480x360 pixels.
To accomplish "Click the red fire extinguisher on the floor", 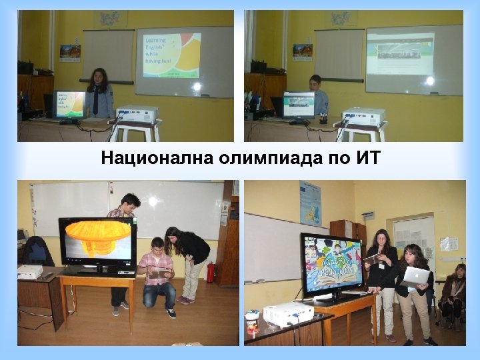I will coord(211,272).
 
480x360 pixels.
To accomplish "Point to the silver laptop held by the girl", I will coord(415,275).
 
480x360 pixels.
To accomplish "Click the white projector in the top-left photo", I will coord(137,115).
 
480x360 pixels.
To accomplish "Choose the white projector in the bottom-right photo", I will coord(288,313).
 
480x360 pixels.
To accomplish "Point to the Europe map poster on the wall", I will coord(310,203).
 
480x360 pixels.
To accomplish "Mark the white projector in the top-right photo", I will coord(363,117).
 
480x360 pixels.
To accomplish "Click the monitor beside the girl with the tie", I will coord(69,106).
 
